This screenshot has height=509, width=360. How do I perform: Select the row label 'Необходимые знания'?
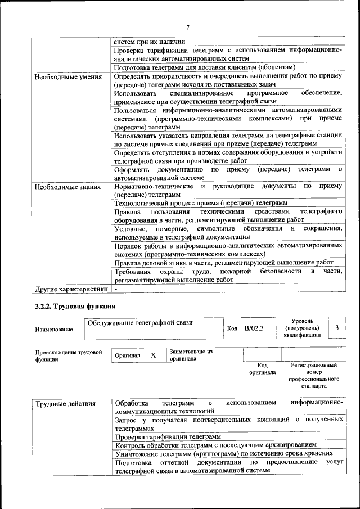point(67,187)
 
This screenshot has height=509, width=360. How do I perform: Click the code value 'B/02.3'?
point(254,328)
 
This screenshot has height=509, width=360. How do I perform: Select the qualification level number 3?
point(336,327)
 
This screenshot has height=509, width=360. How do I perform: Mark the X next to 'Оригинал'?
point(153,356)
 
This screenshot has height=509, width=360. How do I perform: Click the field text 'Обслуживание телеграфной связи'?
point(139,322)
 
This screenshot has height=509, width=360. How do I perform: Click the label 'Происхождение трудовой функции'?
point(68,356)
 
